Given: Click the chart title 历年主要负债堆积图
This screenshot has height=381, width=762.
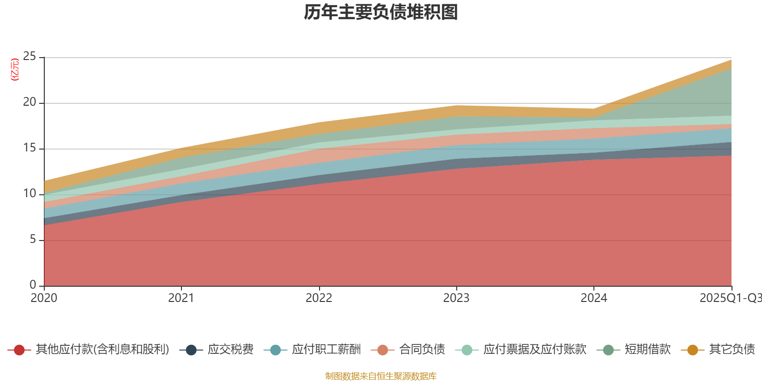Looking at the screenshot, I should point(381,13).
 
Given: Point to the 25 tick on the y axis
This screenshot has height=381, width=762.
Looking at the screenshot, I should point(30,57).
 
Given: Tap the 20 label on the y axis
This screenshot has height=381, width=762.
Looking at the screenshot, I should point(30,102).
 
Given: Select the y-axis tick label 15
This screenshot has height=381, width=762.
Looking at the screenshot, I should point(30,148).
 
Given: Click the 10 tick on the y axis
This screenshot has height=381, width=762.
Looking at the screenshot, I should point(30,193).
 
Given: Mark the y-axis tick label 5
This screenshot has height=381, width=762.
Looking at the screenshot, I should point(33,239).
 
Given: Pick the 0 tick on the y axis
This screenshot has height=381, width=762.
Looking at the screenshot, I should point(33,285).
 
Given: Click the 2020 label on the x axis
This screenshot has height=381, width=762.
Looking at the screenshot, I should point(44,298).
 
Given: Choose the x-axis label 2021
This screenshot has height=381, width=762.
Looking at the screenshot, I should point(181,298).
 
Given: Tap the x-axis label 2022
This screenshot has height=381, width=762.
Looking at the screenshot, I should point(319,298).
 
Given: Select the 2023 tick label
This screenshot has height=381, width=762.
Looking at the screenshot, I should point(456,298).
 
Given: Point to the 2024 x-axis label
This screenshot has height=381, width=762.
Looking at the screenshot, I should point(593,298).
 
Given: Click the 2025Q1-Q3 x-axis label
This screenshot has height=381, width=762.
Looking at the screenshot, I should point(730,298).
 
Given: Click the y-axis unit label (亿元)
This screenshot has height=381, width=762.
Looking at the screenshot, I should point(15,70).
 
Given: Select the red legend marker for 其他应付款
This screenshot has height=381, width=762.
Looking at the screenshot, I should point(20,350).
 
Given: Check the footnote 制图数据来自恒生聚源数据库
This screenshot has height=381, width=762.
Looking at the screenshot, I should point(381,376).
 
